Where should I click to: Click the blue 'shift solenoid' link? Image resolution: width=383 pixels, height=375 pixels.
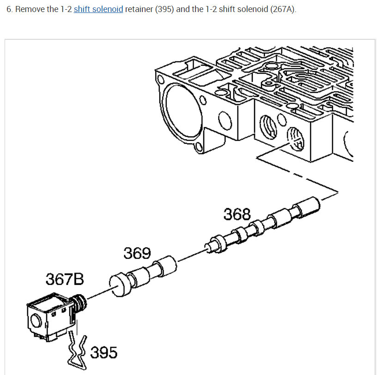98,9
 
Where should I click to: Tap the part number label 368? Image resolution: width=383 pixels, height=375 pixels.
237,214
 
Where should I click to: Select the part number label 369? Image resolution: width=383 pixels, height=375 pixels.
137,253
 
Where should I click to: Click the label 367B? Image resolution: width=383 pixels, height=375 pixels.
65,279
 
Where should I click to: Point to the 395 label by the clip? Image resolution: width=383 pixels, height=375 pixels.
103,352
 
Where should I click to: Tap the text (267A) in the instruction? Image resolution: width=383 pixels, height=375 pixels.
282,9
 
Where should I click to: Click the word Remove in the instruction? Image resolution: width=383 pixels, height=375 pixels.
30,9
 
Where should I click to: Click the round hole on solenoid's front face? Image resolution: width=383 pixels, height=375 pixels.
35,320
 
